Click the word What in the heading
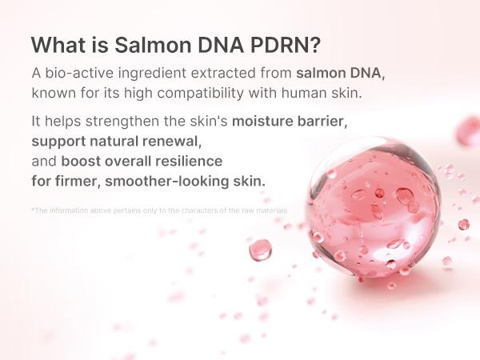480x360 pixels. [57, 43]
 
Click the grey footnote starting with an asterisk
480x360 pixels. [159, 210]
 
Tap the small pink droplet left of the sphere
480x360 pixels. [260, 250]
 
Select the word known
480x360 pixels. [51, 92]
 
